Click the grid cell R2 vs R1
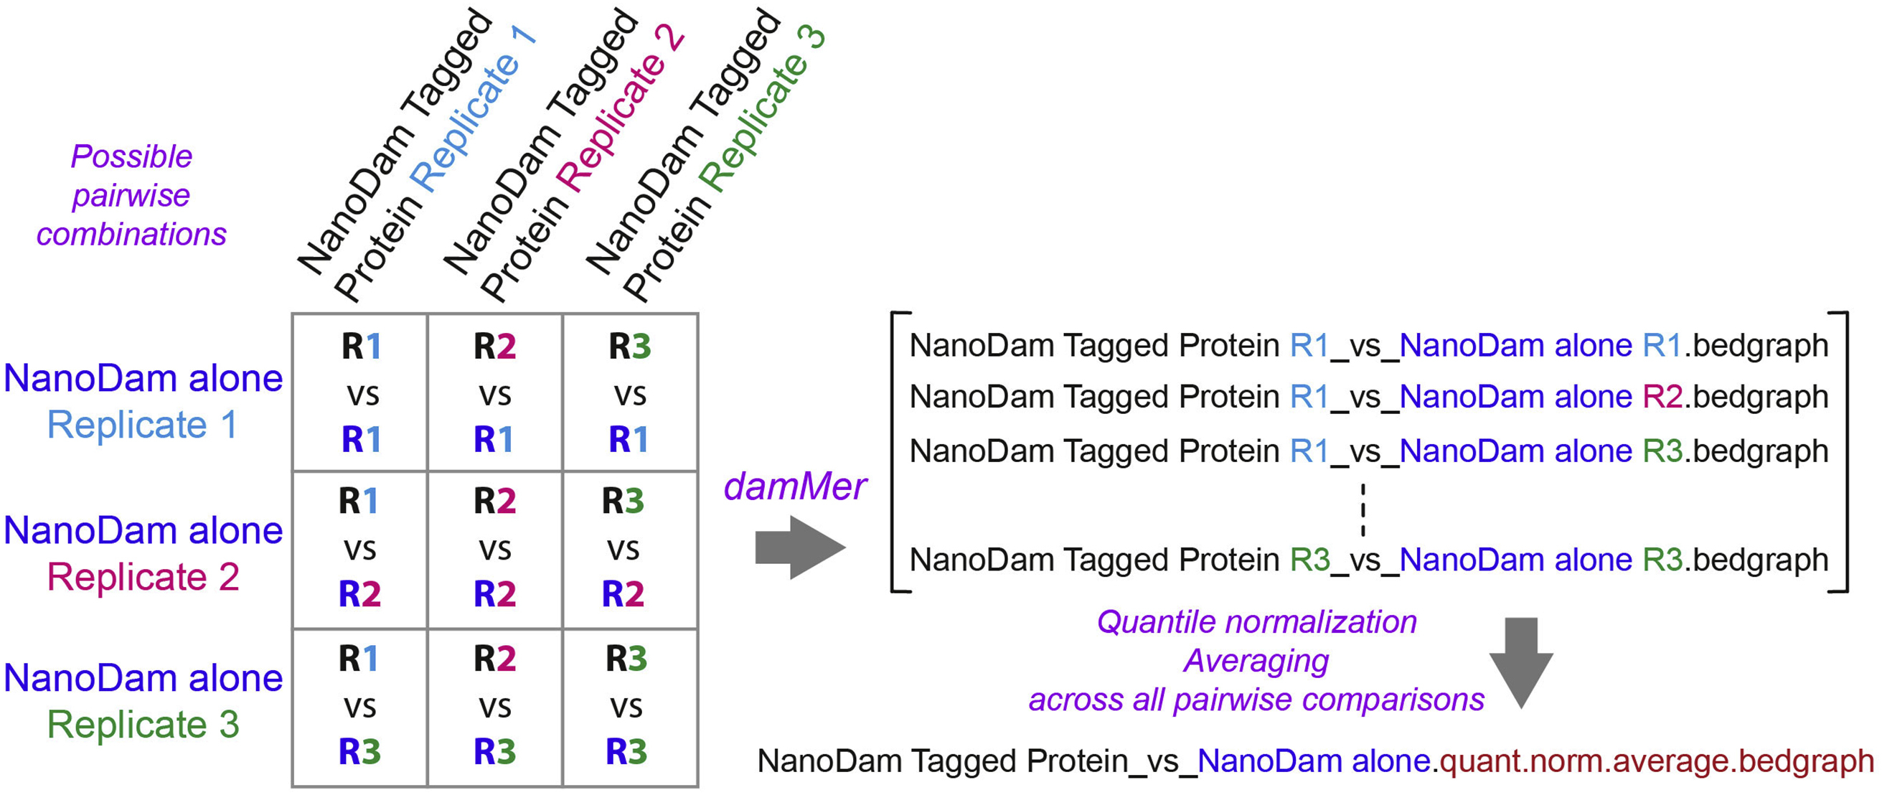tap(494, 392)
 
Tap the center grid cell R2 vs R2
tap(494, 548)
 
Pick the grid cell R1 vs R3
tap(359, 705)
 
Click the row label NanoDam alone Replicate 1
tap(143, 401)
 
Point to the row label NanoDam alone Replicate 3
tap(143, 701)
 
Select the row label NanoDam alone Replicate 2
tap(143, 553)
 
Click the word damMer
tap(794, 486)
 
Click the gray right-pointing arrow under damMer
tap(799, 547)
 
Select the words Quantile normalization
tap(1256, 622)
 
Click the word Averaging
tap(1256, 661)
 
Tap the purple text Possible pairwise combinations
tap(131, 195)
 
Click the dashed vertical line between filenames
tap(1363, 509)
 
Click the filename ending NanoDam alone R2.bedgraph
tap(1368, 397)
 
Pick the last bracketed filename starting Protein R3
tap(1368, 560)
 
